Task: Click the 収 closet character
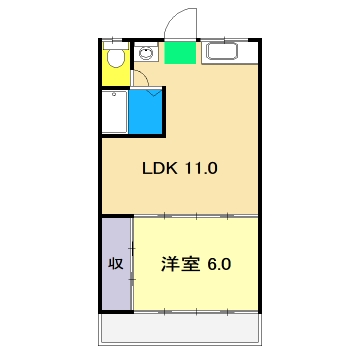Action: click(115, 265)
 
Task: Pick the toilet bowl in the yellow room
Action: click(116, 61)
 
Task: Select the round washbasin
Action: click(147, 53)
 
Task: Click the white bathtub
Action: click(113, 113)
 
